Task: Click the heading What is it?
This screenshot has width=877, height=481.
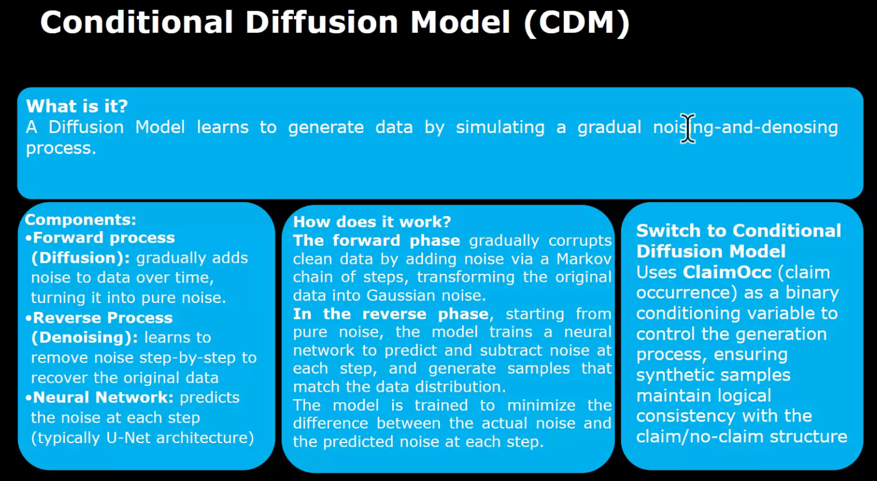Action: point(77,106)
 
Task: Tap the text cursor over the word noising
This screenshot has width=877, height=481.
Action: point(688,128)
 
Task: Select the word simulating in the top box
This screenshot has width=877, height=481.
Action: point(500,127)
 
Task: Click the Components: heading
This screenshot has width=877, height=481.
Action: point(80,220)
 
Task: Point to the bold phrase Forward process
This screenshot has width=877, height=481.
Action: point(103,238)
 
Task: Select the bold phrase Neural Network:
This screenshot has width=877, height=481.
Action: point(103,398)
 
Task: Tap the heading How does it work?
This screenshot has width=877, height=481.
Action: point(372,222)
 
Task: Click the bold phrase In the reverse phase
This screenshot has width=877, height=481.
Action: point(391,314)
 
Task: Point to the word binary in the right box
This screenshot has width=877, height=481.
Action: point(812,293)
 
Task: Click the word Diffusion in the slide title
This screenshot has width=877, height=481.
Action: point(321,23)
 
